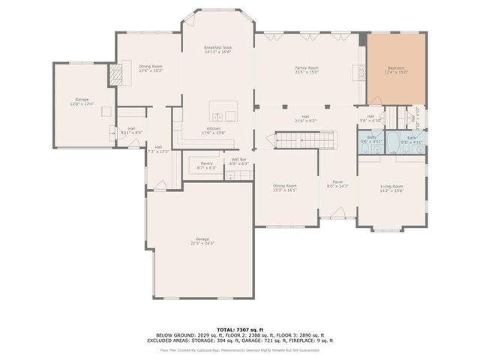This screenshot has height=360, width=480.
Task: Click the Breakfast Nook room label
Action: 217,48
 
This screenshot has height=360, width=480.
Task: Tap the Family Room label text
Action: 306,68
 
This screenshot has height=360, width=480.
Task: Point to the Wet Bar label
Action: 239,159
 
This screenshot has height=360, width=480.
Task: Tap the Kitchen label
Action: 214,128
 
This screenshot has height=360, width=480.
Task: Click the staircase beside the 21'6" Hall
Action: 294,139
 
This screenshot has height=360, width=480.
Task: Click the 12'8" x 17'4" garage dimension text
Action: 82,104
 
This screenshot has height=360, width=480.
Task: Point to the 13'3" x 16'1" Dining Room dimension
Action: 285,190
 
